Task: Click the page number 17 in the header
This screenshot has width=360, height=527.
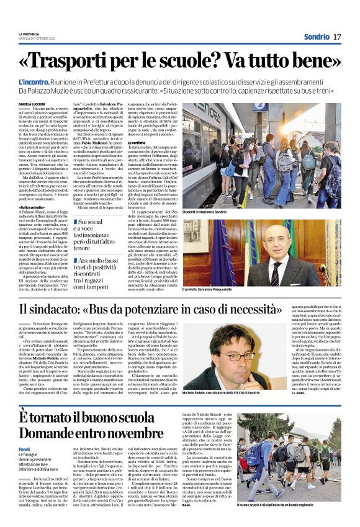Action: [x=337, y=37]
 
